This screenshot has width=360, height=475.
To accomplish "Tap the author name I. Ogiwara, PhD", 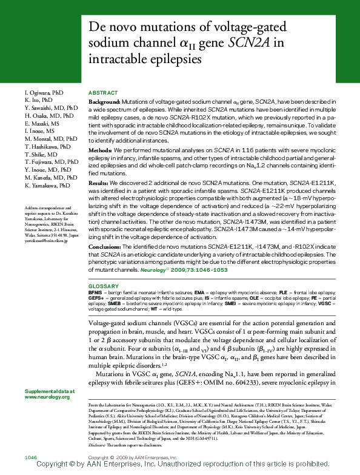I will point(44,92).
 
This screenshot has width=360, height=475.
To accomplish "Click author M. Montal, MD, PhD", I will point(51,139).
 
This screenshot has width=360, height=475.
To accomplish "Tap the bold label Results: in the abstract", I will point(99,182).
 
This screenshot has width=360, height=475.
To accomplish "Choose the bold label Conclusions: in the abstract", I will point(105,246).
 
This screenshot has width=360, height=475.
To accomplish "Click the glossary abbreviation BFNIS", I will point(95,292).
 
